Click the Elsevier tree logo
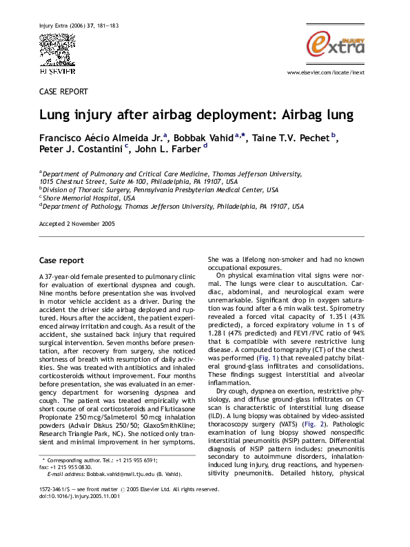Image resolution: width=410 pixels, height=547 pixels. pos(57,50)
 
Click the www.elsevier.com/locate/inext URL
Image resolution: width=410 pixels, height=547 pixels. pos(334,72)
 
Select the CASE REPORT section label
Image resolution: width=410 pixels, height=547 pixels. pos(63,91)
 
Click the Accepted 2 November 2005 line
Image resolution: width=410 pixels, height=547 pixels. pos(76,224)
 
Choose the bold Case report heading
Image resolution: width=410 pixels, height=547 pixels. pos(61,261)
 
